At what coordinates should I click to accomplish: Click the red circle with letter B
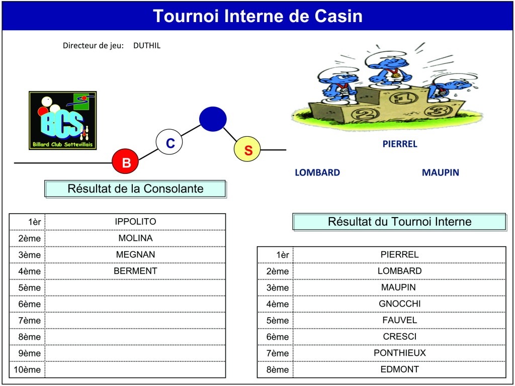point(125,162)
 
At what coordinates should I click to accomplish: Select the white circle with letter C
point(169,142)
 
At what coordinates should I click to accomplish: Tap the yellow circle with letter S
point(247,150)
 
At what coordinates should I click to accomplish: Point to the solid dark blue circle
point(213,119)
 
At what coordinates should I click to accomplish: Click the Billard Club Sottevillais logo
point(63,121)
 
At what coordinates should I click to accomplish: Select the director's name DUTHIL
point(147,46)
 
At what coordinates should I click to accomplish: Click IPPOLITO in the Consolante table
point(135,222)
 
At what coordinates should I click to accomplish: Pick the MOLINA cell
point(135,238)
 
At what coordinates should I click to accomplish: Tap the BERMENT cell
point(135,271)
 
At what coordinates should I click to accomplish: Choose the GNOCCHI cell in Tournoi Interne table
point(399,304)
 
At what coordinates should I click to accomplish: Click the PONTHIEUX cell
point(399,353)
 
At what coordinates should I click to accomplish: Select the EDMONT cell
point(399,369)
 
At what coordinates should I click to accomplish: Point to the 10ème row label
point(27,369)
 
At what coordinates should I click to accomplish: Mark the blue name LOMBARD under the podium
point(317,173)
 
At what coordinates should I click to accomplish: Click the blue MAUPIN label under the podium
point(441,173)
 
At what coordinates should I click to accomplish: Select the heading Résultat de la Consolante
point(135,189)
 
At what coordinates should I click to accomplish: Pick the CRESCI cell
point(399,336)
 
